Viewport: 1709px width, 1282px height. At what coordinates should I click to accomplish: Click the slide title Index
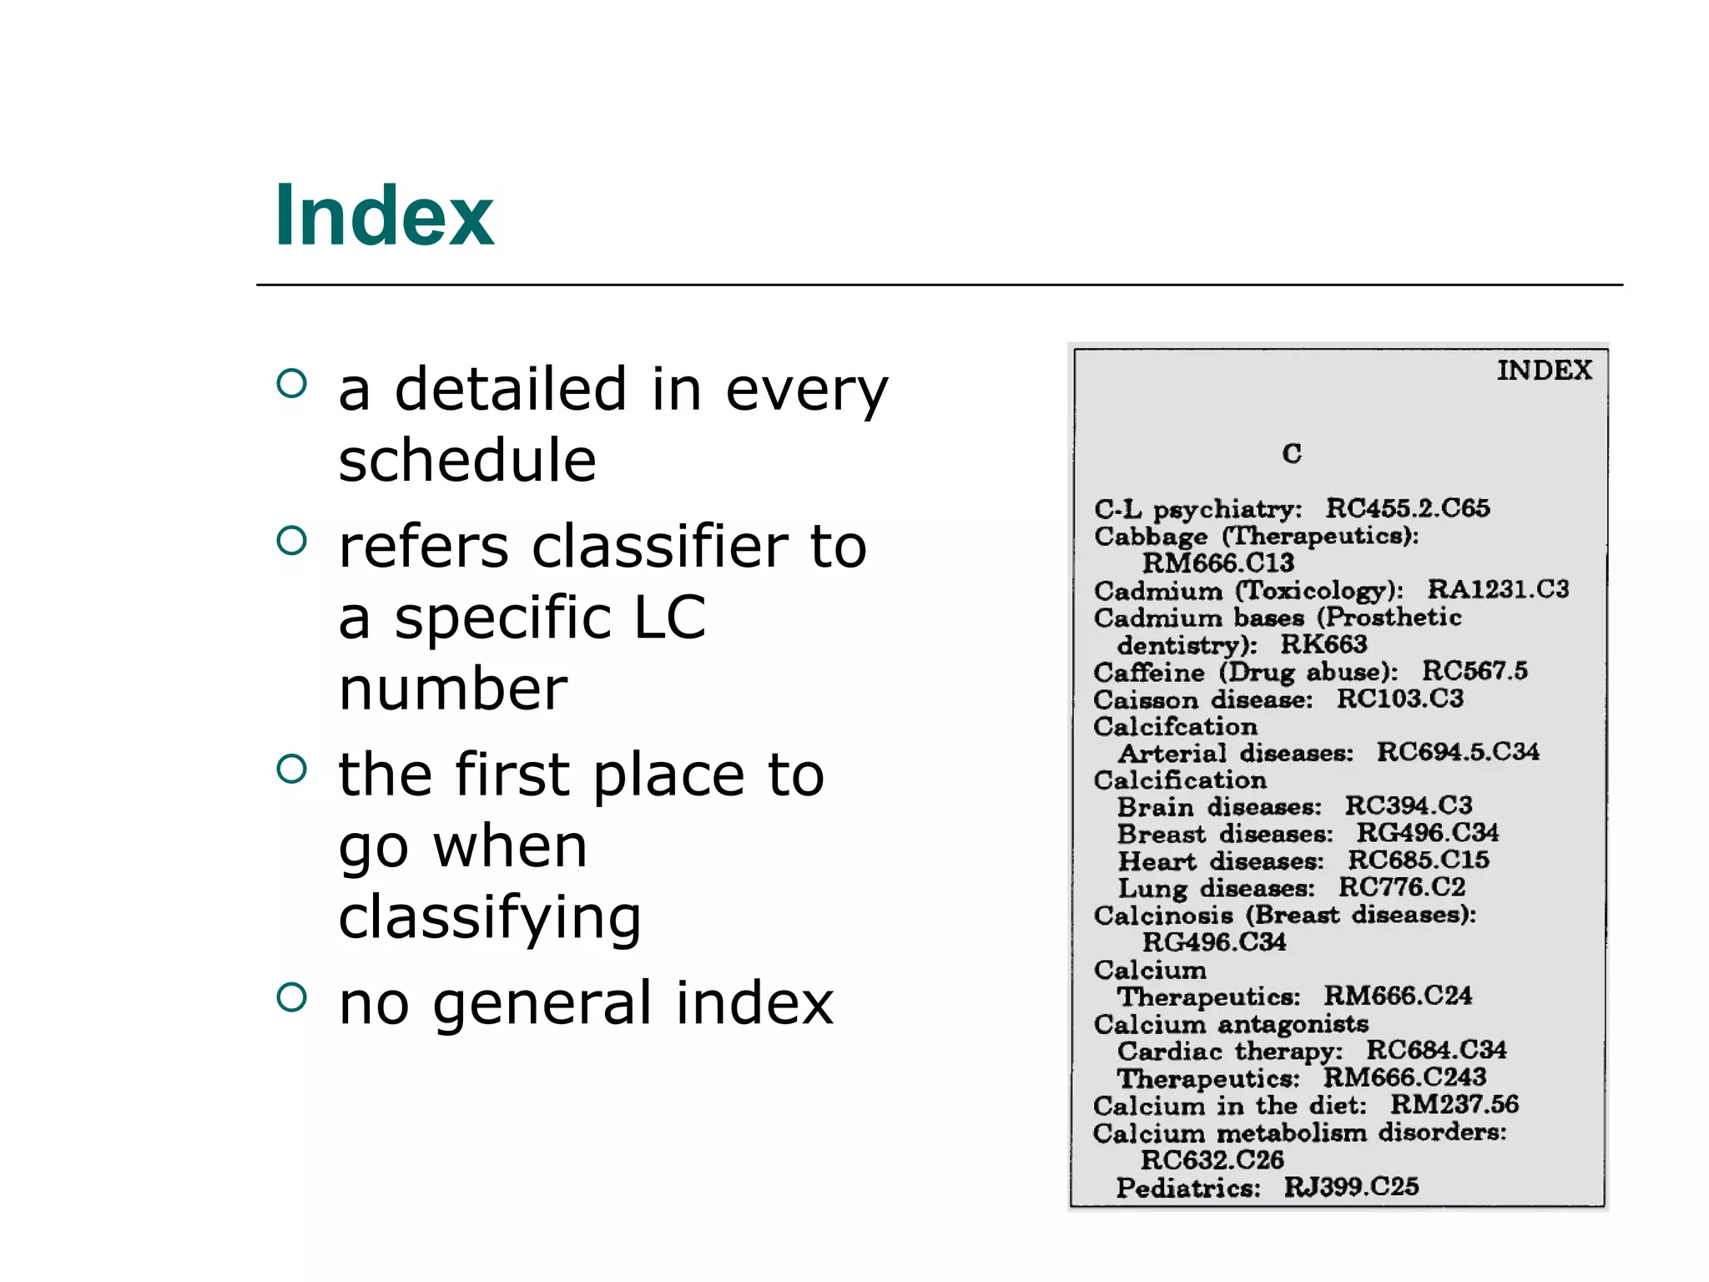pyautogui.click(x=384, y=216)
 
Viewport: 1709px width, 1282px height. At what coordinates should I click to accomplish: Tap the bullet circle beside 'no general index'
pyautogui.click(x=291, y=996)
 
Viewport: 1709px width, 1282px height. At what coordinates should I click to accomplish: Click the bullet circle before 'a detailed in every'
pyautogui.click(x=291, y=383)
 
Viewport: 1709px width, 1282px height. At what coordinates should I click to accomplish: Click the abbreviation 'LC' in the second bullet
pyautogui.click(x=669, y=618)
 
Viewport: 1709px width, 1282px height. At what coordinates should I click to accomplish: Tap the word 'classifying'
pyautogui.click(x=490, y=917)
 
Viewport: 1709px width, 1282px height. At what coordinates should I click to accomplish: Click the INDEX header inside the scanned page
pyautogui.click(x=1544, y=370)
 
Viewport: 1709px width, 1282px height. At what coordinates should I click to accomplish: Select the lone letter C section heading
pyautogui.click(x=1292, y=453)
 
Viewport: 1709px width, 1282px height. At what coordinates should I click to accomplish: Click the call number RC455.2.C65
pyautogui.click(x=1408, y=507)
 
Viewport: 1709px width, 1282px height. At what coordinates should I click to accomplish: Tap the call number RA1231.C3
pyautogui.click(x=1498, y=589)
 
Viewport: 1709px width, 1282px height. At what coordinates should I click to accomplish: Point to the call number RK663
pyautogui.click(x=1324, y=644)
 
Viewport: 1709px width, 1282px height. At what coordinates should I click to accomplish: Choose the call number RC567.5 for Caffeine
pyautogui.click(x=1475, y=670)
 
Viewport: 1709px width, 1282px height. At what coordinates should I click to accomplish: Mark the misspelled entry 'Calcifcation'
pyautogui.click(x=1175, y=726)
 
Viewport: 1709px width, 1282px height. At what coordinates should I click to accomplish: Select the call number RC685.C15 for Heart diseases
pyautogui.click(x=1419, y=860)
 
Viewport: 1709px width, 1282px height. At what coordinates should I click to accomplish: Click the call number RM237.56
pyautogui.click(x=1454, y=1104)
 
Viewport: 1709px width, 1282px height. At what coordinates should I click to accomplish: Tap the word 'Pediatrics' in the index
pyautogui.click(x=1188, y=1187)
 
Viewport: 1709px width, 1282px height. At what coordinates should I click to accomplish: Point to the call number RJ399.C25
pyautogui.click(x=1351, y=1186)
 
